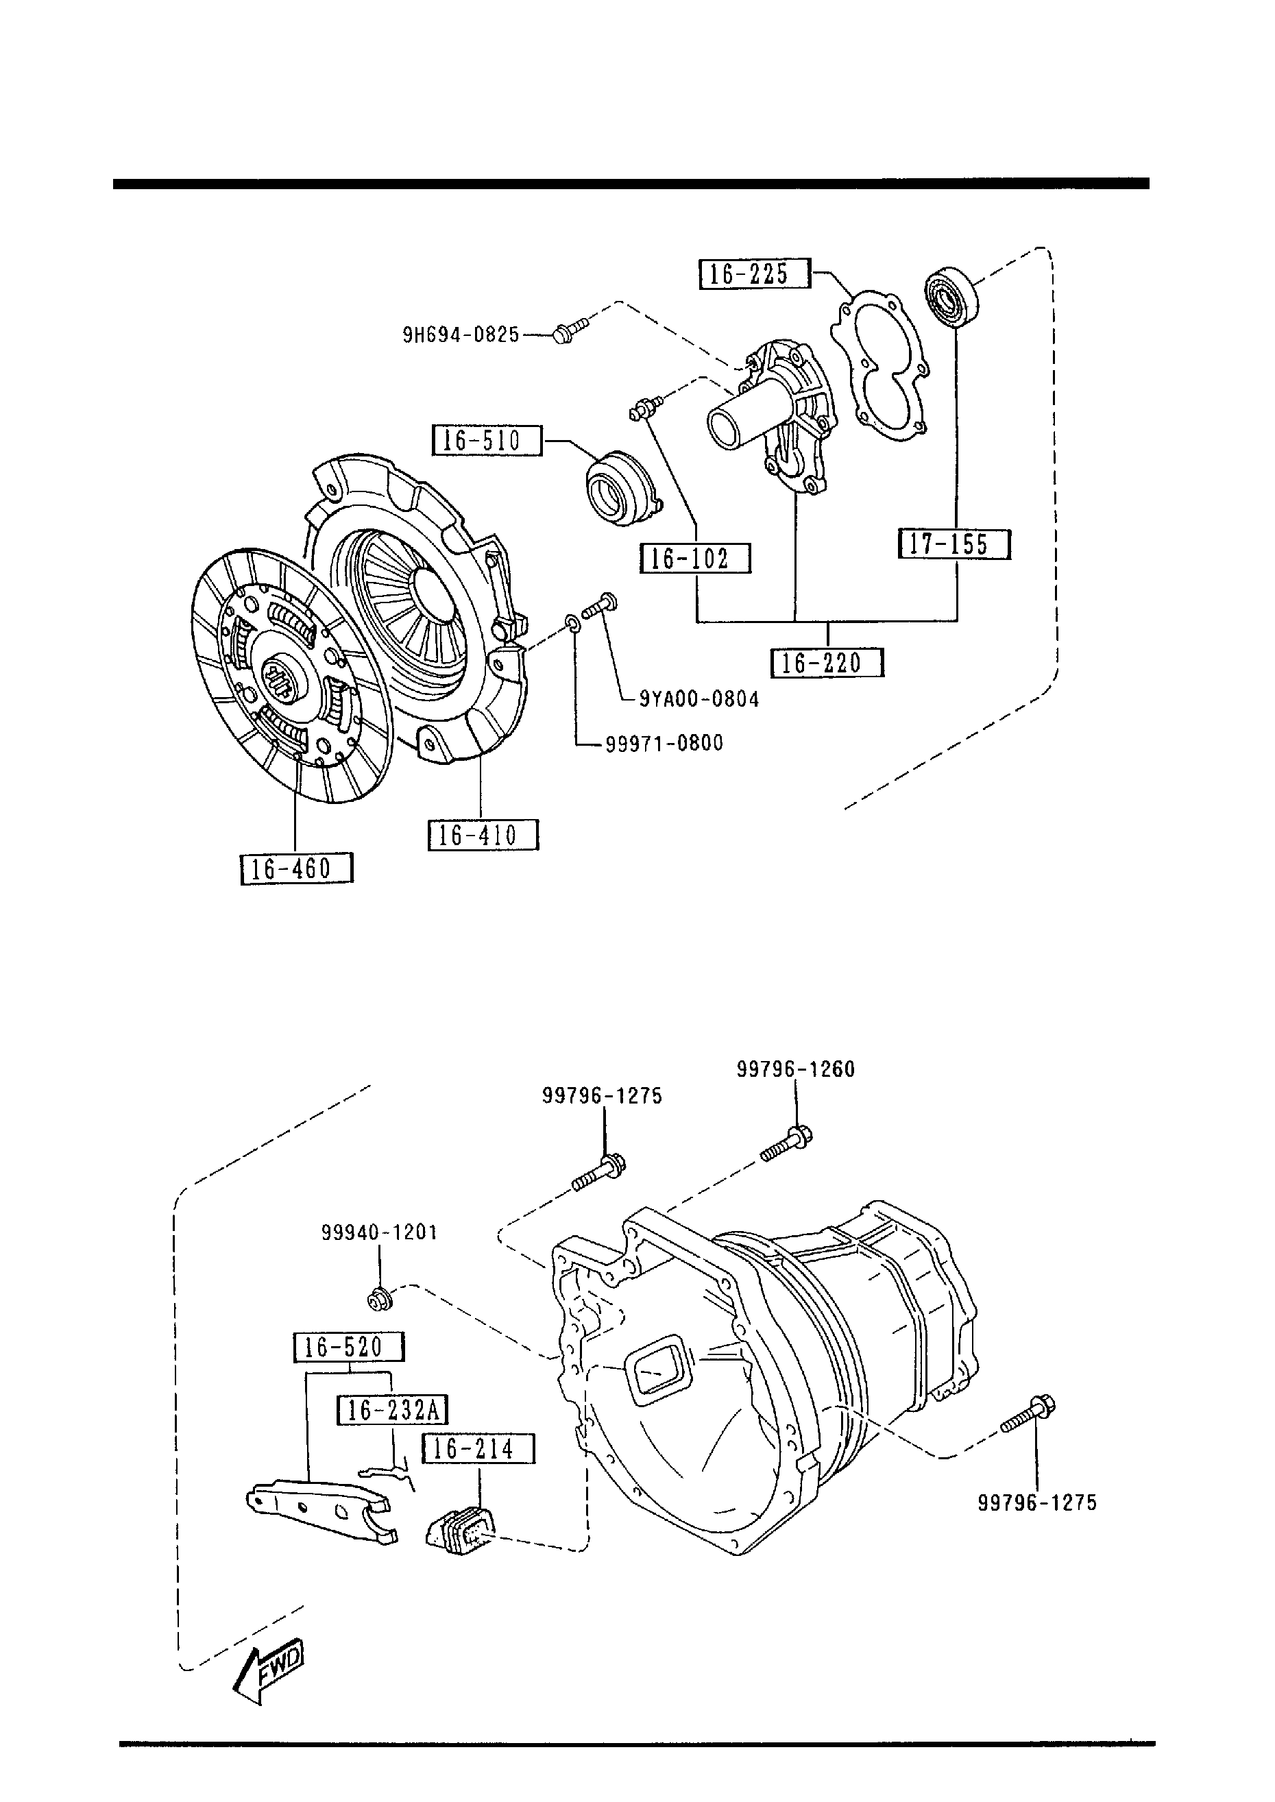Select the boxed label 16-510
[487, 440]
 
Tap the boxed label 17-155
[954, 544]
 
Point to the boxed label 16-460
[296, 869]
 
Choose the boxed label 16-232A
[393, 1411]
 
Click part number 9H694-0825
[461, 336]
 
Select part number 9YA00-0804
[699, 698]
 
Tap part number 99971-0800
[664, 742]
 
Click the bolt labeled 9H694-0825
[569, 330]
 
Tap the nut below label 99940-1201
[380, 1300]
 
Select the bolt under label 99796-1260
[787, 1144]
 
